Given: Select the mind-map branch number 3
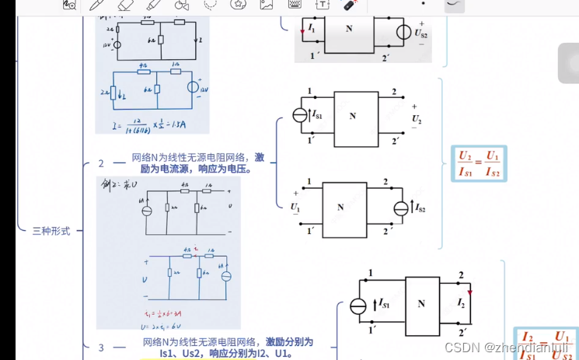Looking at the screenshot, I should coord(100,348).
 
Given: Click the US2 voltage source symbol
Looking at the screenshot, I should coord(404,33).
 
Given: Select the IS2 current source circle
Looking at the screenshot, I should coord(402,208).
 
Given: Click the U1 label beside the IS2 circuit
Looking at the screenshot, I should coord(295,207).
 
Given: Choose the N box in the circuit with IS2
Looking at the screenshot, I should coord(340,208).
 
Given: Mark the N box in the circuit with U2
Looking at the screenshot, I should coord(352,116).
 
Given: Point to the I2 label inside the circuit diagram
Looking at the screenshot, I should coord(461,302).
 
